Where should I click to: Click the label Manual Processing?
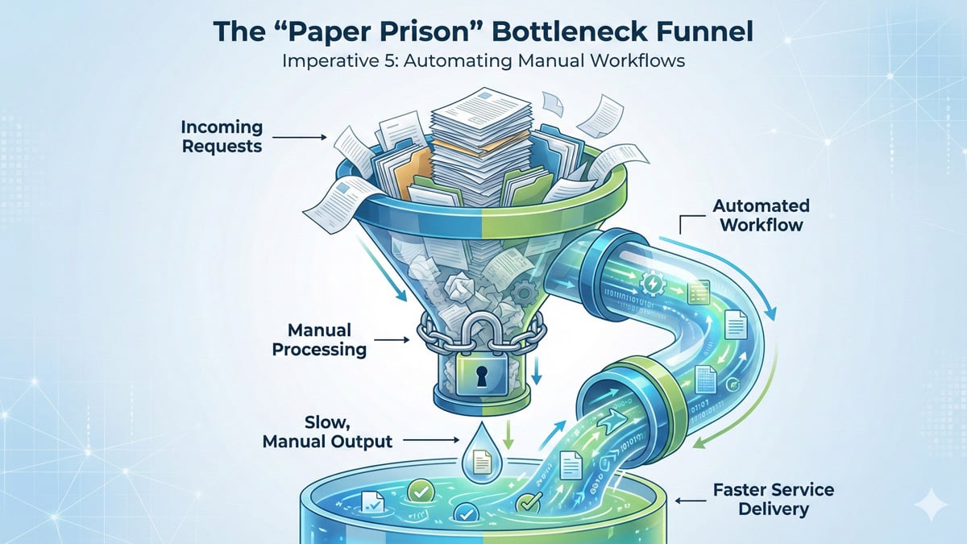tap(319, 340)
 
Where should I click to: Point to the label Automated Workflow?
tap(762, 215)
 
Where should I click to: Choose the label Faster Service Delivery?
tap(762, 500)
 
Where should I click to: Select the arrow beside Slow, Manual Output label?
tap(430, 440)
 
